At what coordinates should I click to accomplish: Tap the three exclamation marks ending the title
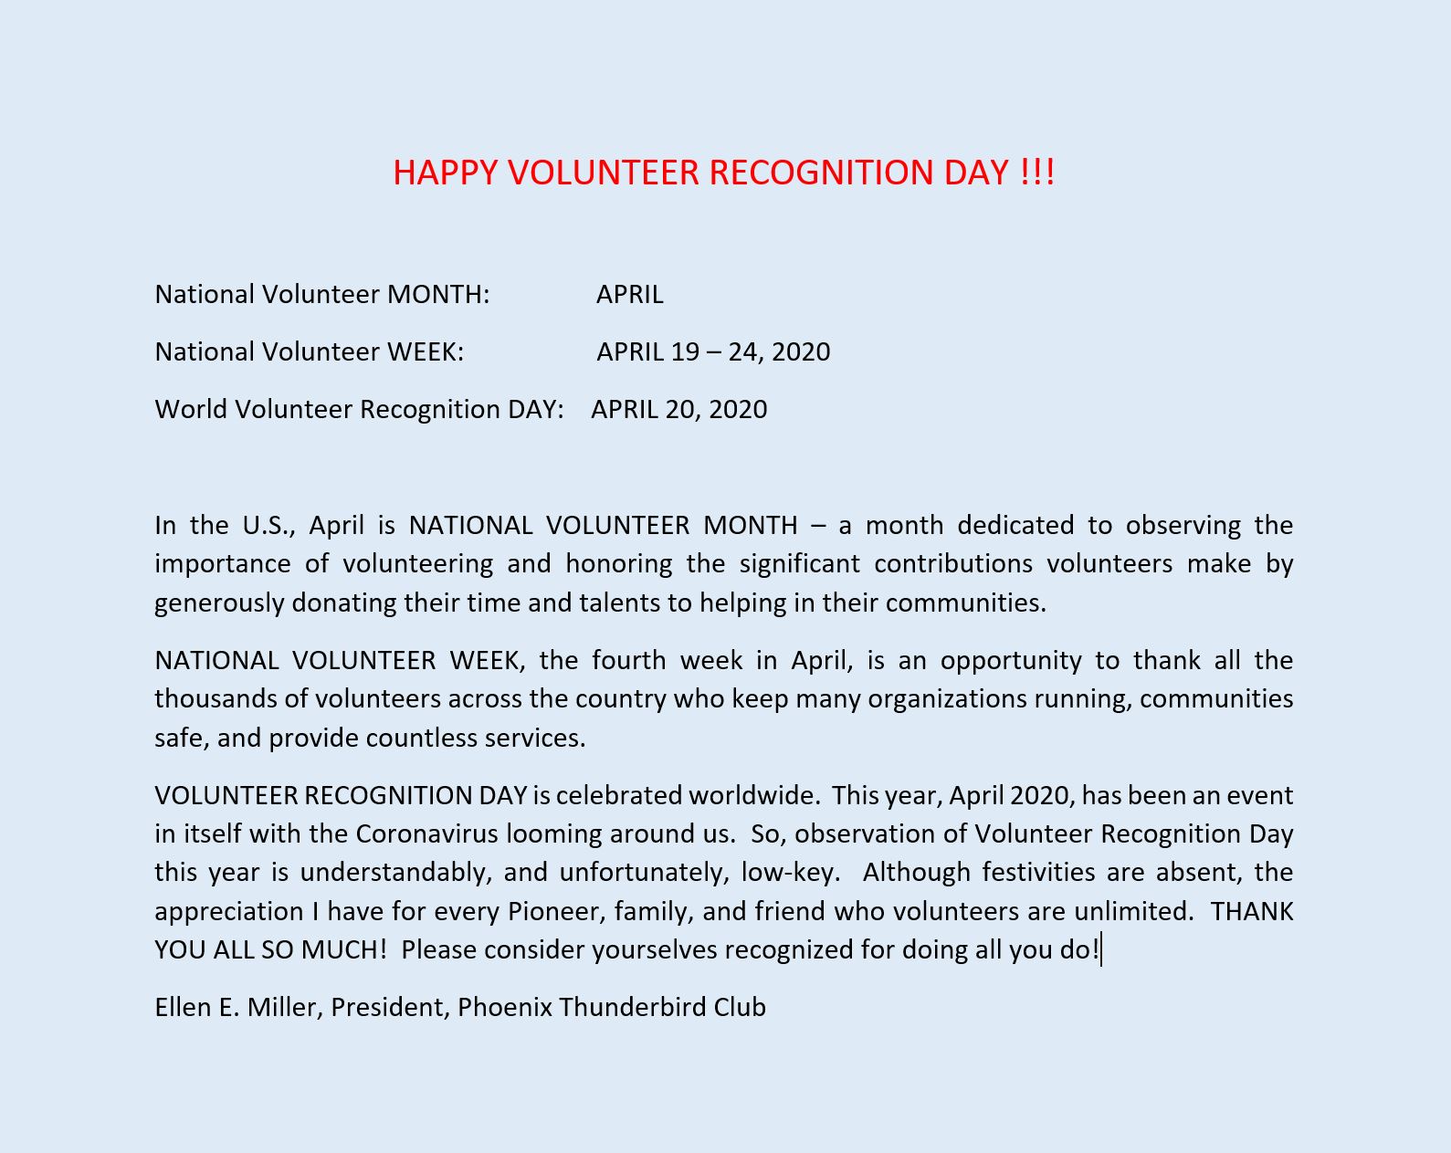click(1037, 173)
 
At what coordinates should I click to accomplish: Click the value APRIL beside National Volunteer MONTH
click(630, 295)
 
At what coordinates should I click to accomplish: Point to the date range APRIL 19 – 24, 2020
click(713, 352)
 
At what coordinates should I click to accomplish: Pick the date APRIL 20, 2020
click(678, 410)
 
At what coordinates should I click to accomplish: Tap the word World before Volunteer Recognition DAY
click(191, 410)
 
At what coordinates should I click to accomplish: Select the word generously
click(219, 603)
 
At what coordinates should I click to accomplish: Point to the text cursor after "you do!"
click(1102, 950)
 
